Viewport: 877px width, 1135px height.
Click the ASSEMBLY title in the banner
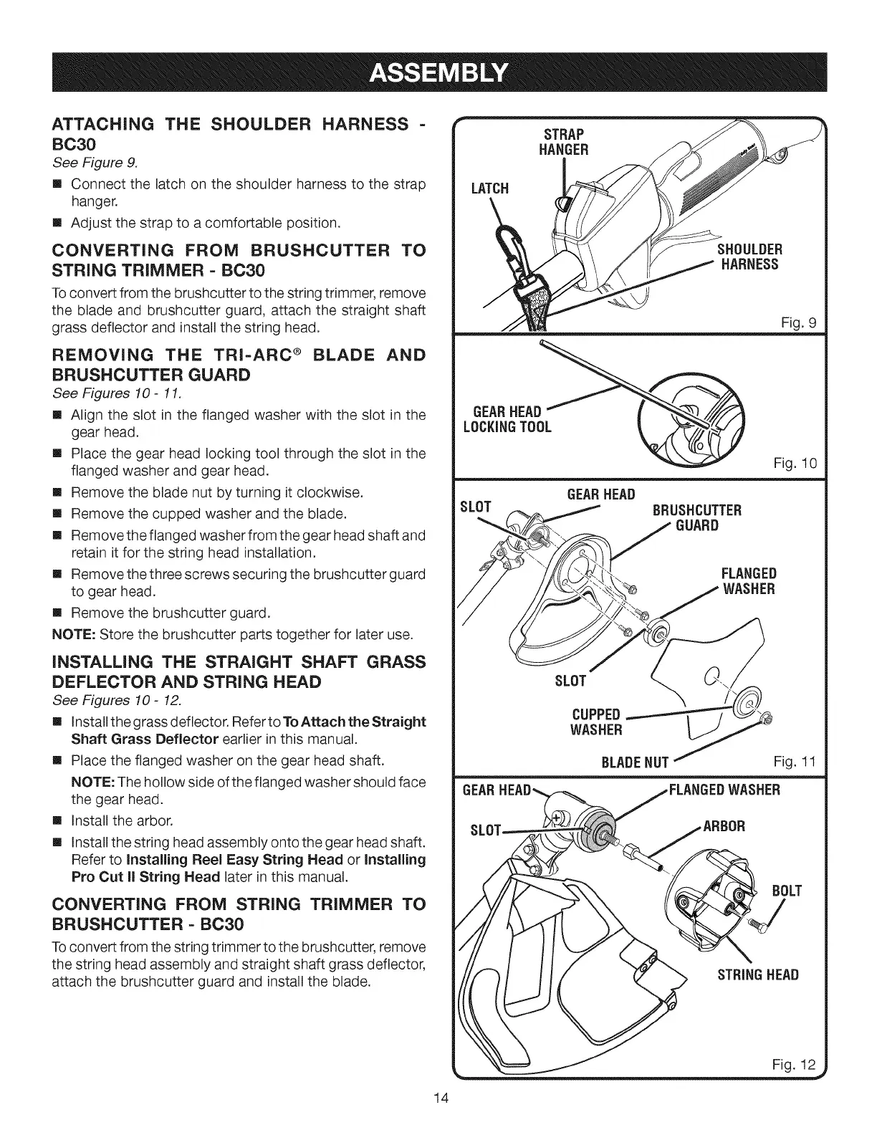click(438, 72)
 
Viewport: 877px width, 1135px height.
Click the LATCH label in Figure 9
click(489, 188)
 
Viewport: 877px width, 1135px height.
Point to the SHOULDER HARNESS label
click(750, 257)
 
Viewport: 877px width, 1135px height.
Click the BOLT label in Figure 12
click(786, 891)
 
